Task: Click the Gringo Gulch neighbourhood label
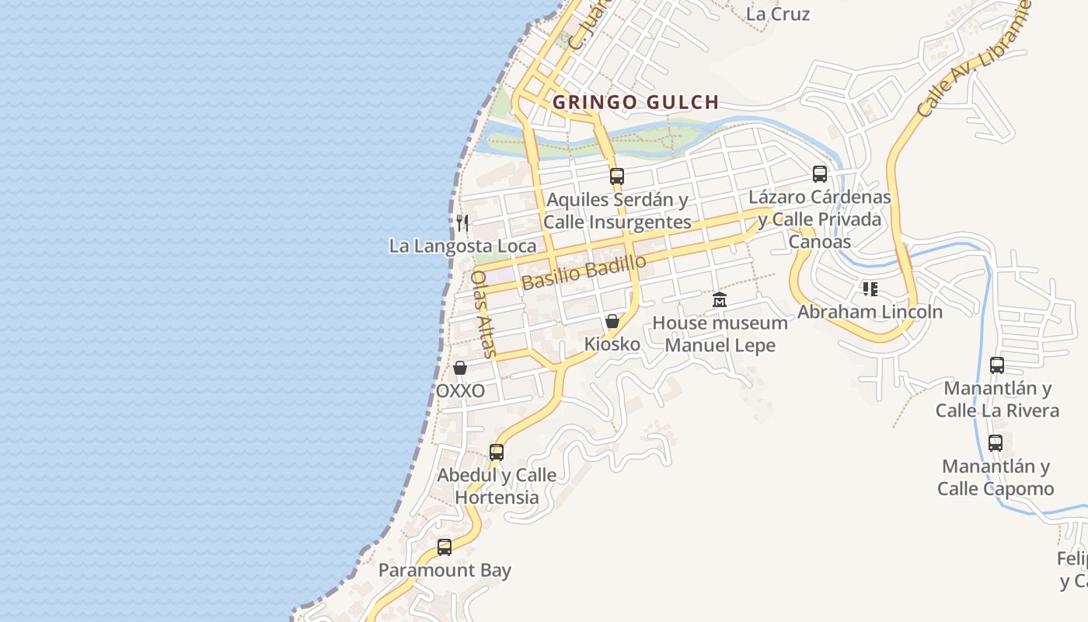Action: (635, 102)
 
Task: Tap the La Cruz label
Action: (778, 14)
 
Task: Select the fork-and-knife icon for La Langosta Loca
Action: (462, 223)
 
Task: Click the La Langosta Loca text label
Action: (462, 246)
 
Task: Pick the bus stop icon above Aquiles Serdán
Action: (617, 176)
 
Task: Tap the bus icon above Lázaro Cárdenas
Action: (820, 173)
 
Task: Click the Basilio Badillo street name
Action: (584, 272)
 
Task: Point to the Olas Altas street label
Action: (483, 313)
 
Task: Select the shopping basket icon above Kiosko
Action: (612, 321)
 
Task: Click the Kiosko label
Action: (612, 344)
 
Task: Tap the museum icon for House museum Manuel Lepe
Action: (720, 299)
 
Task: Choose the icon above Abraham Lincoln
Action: (870, 289)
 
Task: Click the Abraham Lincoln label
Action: (870, 312)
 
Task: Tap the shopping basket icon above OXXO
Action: (460, 368)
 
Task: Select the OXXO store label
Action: (460, 390)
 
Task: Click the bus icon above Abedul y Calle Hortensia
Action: (496, 452)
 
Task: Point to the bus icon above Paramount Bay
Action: (445, 547)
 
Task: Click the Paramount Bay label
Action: (445, 570)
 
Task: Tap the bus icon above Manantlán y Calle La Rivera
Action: (997, 365)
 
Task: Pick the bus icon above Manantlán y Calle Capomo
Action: (996, 443)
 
